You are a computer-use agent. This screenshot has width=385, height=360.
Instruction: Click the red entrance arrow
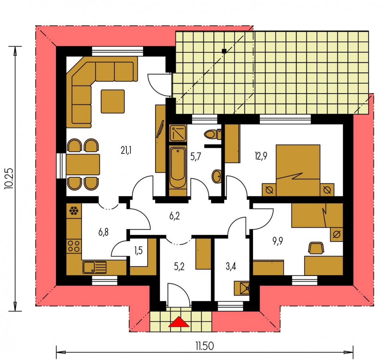pos(179,322)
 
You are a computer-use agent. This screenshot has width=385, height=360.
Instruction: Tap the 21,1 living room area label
pos(126,150)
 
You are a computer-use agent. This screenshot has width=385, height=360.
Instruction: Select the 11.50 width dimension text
pos(205,346)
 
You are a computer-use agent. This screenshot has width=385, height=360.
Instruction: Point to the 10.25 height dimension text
pos(8,178)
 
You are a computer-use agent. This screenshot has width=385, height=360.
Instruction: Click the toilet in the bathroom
pos(212,134)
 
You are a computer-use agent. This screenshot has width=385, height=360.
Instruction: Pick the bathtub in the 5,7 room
pos(178,167)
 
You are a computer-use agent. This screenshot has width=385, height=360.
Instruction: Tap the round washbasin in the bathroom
pos(217,176)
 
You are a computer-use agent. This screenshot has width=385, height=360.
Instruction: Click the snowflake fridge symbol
pos(74,210)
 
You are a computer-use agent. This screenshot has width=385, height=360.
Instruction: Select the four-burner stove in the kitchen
pos(74,246)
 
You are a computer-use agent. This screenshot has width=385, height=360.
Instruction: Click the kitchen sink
pos(94,267)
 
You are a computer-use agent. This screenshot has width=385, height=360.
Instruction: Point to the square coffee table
pos(113,101)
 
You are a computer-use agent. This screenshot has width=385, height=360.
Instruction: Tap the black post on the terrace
pos(224,51)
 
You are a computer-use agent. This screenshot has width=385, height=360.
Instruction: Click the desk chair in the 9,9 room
pos(316,248)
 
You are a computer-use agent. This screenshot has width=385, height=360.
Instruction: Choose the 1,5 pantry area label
pos(138,250)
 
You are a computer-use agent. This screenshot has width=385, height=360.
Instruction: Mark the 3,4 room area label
pos(231,266)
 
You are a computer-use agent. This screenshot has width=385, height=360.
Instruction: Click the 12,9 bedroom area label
pos(261,156)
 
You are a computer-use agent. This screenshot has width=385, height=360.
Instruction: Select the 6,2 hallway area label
pos(175,216)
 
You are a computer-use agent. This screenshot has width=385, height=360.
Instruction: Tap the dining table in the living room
pos(83,164)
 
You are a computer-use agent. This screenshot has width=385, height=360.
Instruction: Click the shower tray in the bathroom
pos(178,133)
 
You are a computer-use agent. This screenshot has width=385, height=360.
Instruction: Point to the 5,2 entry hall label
pos(179,266)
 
